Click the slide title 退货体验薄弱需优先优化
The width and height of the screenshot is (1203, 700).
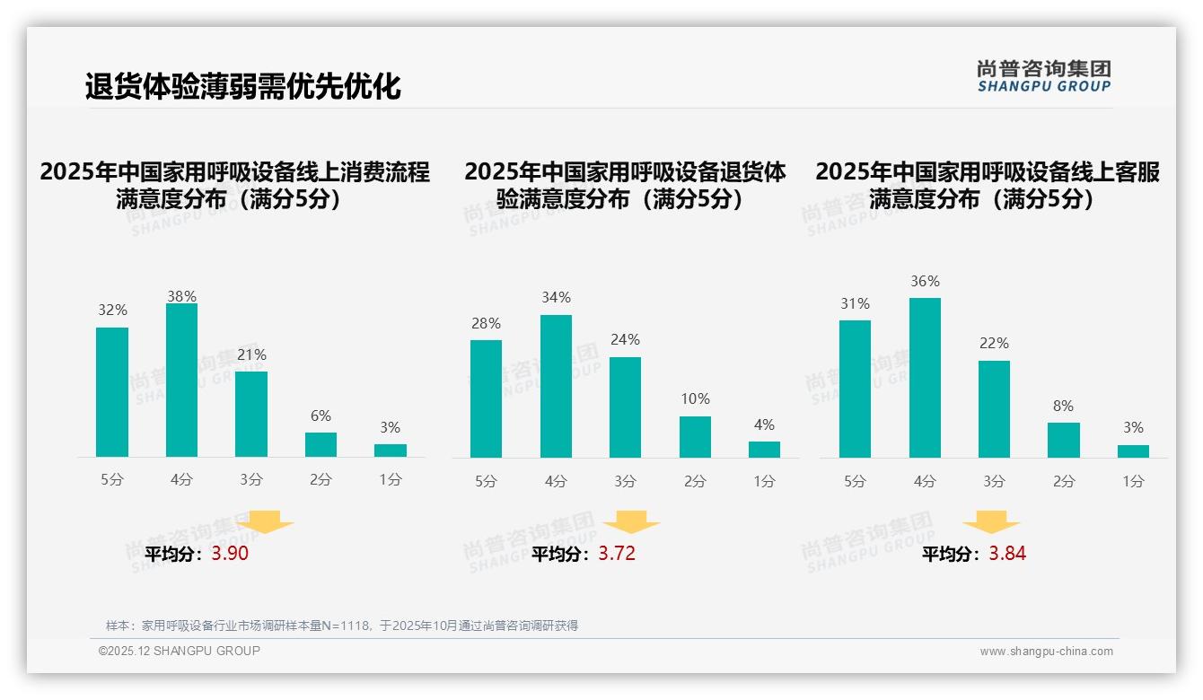pyautogui.click(x=242, y=87)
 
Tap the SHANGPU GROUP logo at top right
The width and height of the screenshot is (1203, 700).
pyautogui.click(x=1043, y=76)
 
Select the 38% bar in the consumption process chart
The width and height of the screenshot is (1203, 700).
pyautogui.click(x=181, y=381)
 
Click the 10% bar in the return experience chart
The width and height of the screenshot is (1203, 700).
pyautogui.click(x=695, y=437)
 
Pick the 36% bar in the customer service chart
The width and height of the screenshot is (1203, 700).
pyautogui.click(x=925, y=378)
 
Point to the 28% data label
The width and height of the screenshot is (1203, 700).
pyautogui.click(x=486, y=323)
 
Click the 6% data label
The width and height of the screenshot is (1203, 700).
pyautogui.click(x=321, y=416)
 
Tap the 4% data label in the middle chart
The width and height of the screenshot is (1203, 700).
pyautogui.click(x=764, y=424)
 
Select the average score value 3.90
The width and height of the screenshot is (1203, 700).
pyautogui.click(x=230, y=554)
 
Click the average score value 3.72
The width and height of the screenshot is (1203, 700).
pyautogui.click(x=617, y=554)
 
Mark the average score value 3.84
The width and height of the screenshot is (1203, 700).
pyautogui.click(x=1007, y=554)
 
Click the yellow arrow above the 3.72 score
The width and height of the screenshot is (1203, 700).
pyautogui.click(x=631, y=522)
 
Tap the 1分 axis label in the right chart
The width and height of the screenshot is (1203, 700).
pyautogui.click(x=1133, y=481)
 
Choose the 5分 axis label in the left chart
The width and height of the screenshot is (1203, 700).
pyautogui.click(x=112, y=480)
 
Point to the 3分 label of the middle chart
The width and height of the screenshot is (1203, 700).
pyautogui.click(x=625, y=481)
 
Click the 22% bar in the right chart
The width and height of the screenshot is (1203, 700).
pyautogui.click(x=994, y=409)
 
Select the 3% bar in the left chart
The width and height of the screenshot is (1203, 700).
pyautogui.click(x=391, y=451)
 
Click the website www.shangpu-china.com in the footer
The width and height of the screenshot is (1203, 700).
pyautogui.click(x=1046, y=652)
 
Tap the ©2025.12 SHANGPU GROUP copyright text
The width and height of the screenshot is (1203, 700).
pyautogui.click(x=180, y=651)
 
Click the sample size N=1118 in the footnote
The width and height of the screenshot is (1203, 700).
pyautogui.click(x=346, y=626)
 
